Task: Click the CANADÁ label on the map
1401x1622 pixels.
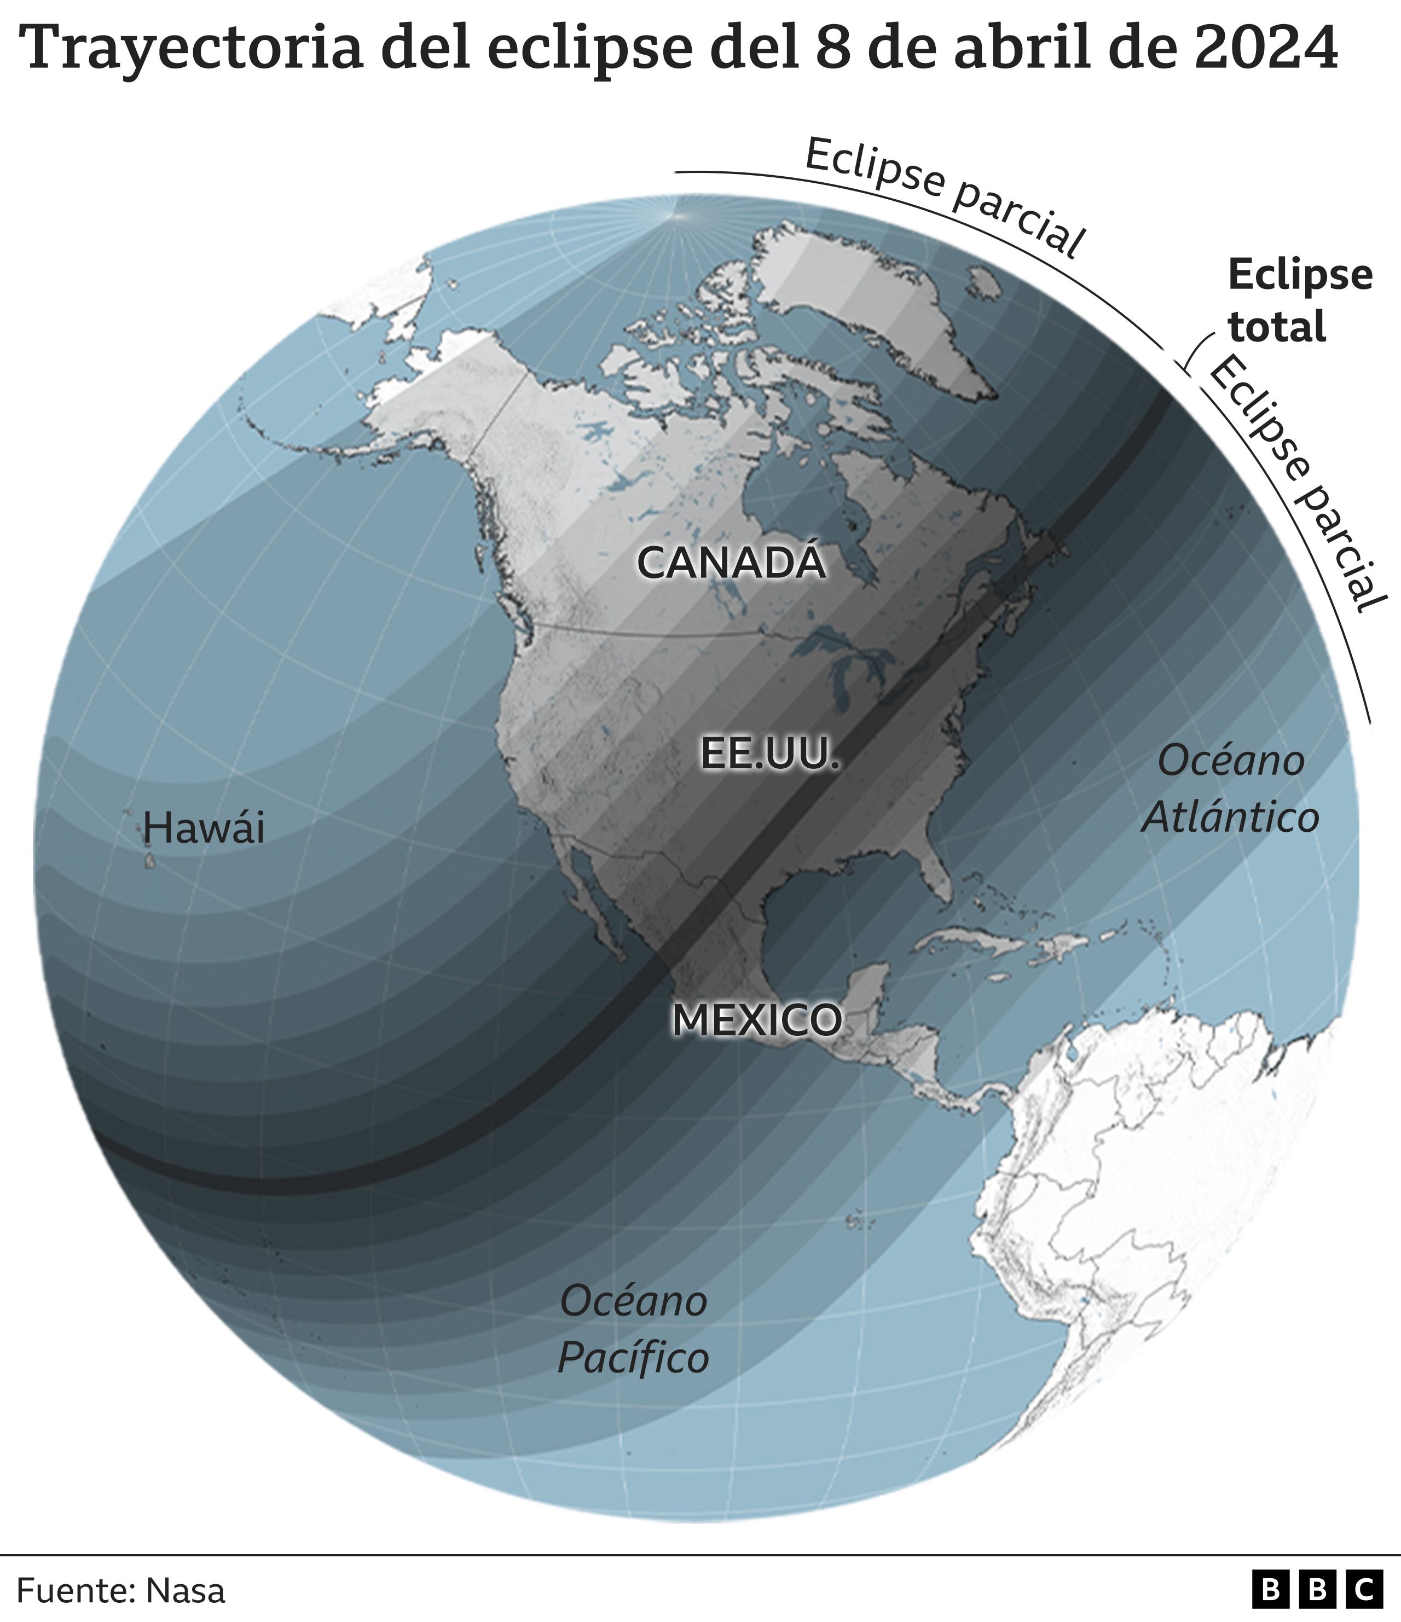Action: [731, 562]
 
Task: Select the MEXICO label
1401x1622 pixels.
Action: [757, 1019]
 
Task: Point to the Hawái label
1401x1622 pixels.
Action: [204, 827]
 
